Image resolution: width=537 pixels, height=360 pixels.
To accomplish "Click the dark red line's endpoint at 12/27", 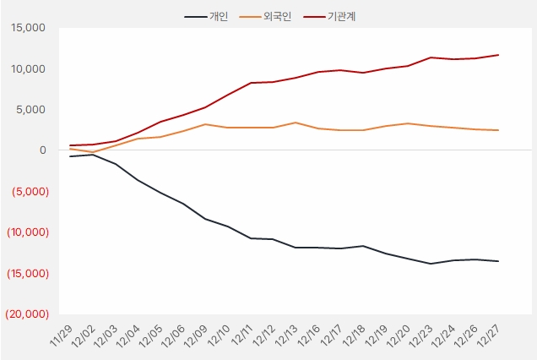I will tap(498, 55).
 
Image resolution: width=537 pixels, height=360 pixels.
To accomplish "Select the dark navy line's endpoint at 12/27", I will tap(498, 261).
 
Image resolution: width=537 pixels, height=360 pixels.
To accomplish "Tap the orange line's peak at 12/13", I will tap(294, 123).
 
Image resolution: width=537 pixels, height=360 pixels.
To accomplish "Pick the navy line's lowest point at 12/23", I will tap(431, 264).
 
